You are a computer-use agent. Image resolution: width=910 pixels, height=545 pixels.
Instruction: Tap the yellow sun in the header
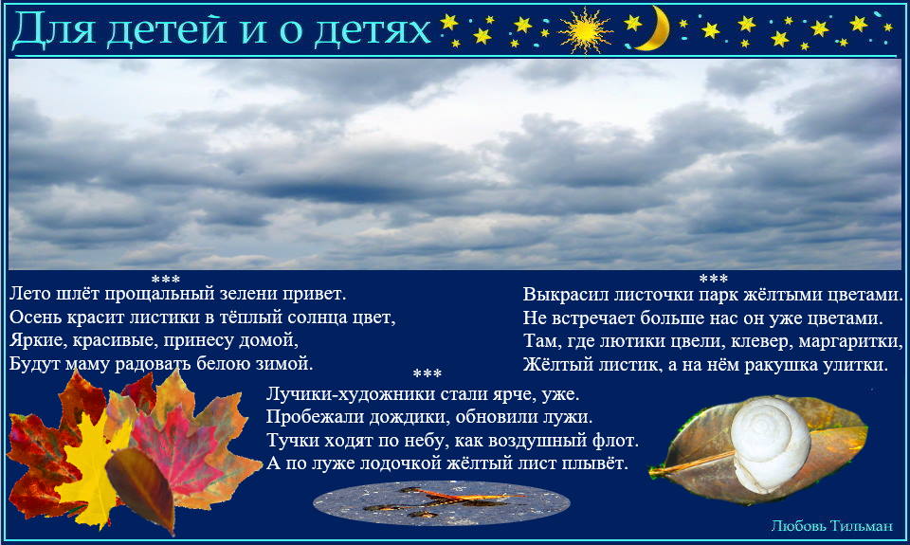click(585, 30)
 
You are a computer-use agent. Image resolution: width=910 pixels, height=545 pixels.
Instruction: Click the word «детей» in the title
click(166, 29)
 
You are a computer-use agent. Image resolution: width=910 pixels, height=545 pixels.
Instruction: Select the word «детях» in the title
click(372, 30)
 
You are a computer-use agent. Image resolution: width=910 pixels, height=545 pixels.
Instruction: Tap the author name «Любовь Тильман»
click(831, 526)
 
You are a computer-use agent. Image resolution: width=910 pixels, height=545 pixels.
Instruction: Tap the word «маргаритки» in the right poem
click(850, 341)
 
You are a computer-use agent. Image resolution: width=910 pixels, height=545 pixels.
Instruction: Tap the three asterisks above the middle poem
click(428, 373)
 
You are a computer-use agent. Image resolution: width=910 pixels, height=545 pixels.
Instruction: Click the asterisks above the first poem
click(165, 280)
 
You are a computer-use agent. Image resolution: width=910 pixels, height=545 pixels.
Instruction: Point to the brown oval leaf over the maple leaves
click(141, 487)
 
